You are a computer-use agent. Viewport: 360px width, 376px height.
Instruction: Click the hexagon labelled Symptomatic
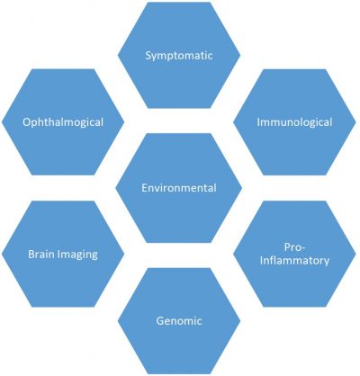pos(179,55)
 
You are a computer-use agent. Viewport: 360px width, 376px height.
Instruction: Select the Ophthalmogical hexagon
pos(63,122)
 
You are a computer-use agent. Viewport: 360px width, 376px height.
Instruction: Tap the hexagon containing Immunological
pos(294,122)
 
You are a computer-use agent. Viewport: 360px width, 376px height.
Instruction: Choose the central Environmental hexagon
pos(179,188)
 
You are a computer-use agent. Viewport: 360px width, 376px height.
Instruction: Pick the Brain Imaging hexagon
pos(63,254)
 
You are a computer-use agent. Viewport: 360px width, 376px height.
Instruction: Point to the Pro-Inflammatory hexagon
pos(294,254)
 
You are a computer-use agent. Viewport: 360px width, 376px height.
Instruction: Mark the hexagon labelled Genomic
pos(179,321)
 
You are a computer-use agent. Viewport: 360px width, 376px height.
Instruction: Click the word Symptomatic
pos(179,56)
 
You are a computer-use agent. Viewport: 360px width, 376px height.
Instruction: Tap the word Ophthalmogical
pos(63,122)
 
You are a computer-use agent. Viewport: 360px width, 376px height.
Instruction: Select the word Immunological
pos(294,122)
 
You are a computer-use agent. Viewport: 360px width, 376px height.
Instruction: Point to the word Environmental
pos(179,188)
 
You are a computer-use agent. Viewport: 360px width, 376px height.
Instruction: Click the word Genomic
pos(179,321)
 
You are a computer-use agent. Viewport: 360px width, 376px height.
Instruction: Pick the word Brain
pos(41,254)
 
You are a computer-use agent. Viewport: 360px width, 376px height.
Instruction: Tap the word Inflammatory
pos(294,261)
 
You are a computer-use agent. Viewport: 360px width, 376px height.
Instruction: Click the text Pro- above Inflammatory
pos(294,247)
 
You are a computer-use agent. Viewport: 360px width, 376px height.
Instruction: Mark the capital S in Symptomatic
pos(148,56)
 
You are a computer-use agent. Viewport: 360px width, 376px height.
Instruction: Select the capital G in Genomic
pos(160,321)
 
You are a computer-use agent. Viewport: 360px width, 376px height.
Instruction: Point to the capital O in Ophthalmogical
pos(27,122)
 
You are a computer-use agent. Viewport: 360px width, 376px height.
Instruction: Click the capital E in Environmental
pos(144,188)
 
